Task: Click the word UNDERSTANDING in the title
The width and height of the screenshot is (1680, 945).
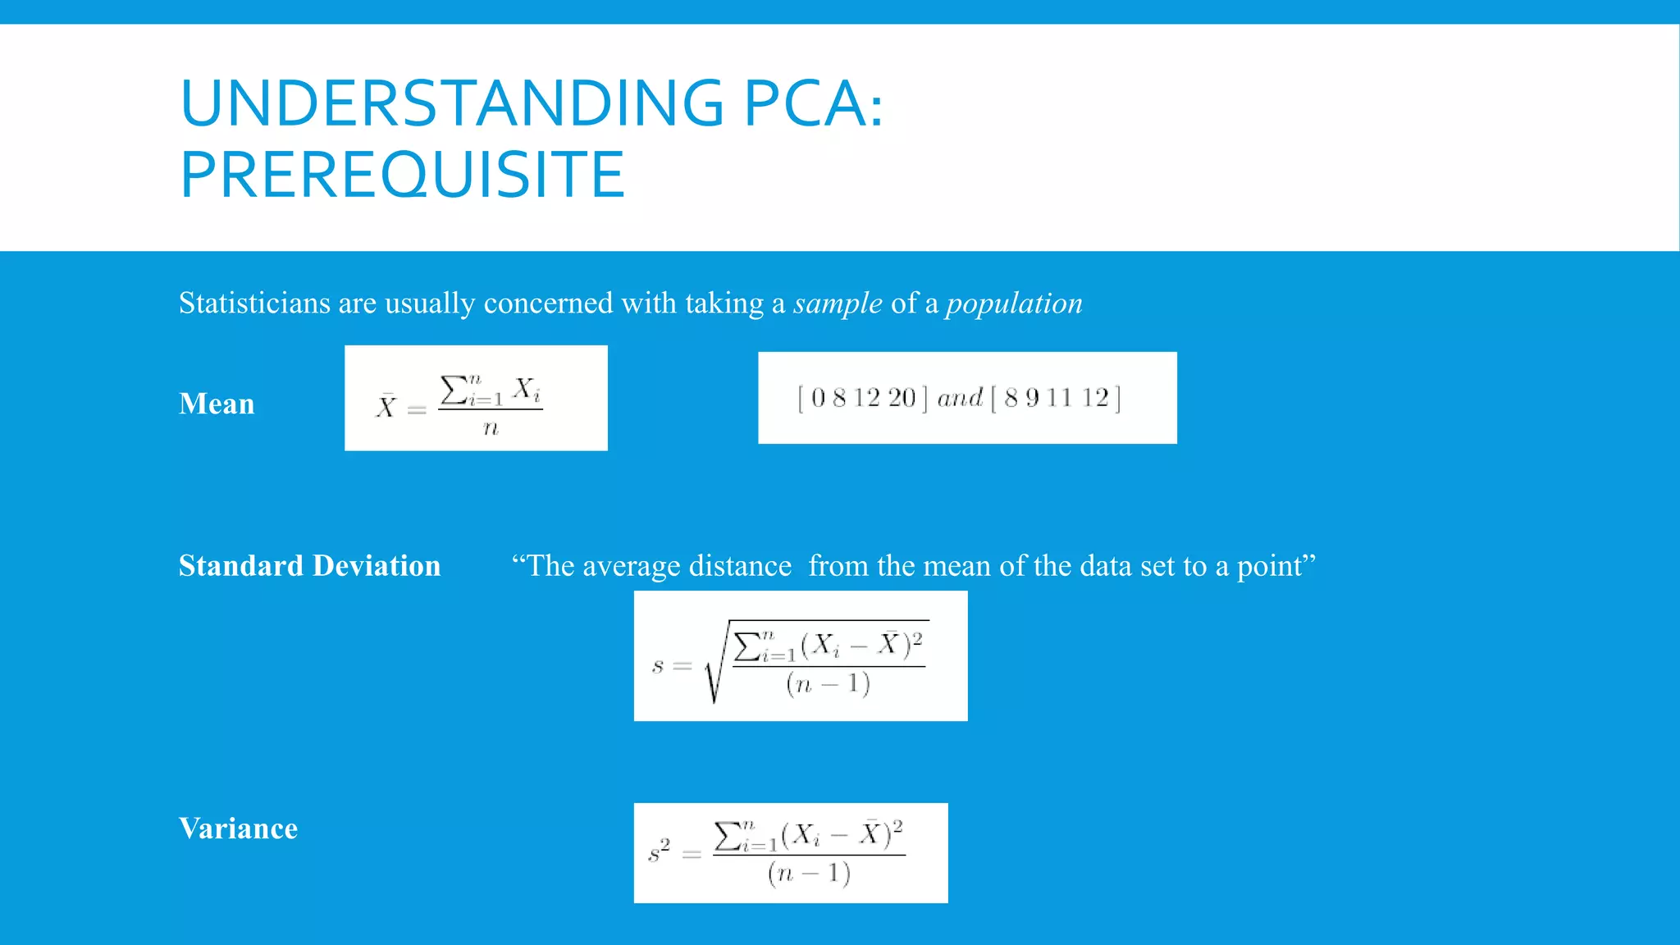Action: tap(451, 103)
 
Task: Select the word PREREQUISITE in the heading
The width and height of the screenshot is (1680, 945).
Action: tap(402, 175)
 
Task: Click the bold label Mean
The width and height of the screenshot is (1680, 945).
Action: tap(217, 404)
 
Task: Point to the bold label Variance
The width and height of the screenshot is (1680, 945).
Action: tap(238, 829)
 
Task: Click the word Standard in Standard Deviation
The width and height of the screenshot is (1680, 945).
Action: tap(241, 566)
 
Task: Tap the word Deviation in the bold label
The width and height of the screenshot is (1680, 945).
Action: tap(377, 566)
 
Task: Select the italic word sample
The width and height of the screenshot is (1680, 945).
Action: tap(838, 304)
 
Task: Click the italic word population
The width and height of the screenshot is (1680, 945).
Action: tap(1014, 304)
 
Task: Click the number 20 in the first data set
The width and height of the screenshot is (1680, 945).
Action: tap(902, 398)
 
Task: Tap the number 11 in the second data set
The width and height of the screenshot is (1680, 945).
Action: tap(1059, 398)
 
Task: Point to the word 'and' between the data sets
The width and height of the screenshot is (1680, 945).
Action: tap(960, 398)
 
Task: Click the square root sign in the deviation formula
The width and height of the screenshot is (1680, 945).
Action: tap(714, 664)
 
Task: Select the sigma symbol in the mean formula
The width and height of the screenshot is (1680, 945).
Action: tap(454, 390)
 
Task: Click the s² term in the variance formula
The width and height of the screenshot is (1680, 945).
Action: tap(659, 851)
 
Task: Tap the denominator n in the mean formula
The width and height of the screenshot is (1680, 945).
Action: tap(491, 428)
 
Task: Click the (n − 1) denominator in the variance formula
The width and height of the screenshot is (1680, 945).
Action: tap(809, 873)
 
